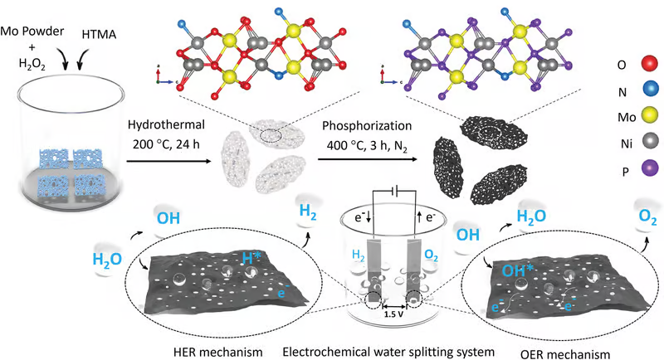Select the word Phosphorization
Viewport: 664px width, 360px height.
pyautogui.click(x=361, y=125)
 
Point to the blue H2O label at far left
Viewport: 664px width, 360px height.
pyautogui.click(x=107, y=258)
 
